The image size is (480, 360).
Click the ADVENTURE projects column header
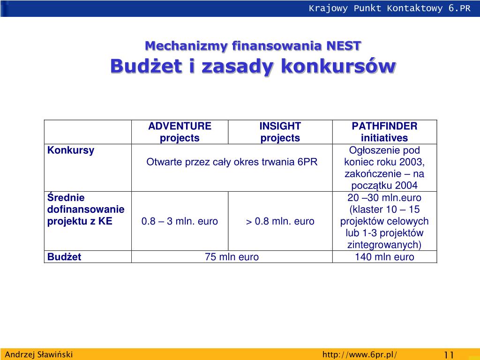tap(180, 132)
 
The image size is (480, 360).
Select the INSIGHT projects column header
tap(280, 132)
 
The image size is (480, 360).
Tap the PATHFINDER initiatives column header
tap(384, 132)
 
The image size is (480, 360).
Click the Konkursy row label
tap(71, 150)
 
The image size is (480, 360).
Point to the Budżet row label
tap(64, 257)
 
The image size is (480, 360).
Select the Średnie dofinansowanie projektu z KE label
tap(86, 210)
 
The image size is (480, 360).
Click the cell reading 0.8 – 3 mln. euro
tap(180, 221)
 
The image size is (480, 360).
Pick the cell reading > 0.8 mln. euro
tap(280, 221)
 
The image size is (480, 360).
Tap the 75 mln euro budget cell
tap(232, 257)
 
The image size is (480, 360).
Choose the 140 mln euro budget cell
tap(384, 257)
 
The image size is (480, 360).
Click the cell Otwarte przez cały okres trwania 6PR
tap(232, 162)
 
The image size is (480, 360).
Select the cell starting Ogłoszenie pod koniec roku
tap(384, 168)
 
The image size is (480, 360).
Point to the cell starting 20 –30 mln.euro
tap(384, 221)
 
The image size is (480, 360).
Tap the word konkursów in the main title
tap(338, 67)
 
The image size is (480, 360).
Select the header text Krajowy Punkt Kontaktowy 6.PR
tap(389, 8)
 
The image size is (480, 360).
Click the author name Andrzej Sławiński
tap(39, 354)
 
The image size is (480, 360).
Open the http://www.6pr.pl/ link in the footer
tap(360, 354)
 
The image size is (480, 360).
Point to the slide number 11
tap(449, 354)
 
